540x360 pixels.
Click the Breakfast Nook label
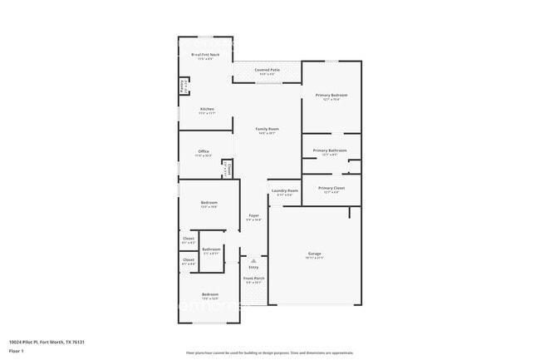point(204,55)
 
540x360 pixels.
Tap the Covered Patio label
point(266,71)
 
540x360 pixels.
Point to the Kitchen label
point(207,110)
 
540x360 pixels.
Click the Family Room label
point(267,130)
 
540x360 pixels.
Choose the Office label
point(204,152)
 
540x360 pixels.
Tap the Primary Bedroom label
point(331,96)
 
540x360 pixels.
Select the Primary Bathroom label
point(330,150)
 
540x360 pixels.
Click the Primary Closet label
point(331,189)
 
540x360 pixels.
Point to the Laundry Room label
point(284,191)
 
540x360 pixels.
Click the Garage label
point(315,254)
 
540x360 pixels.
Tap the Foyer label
point(254,216)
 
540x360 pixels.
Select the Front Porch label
point(254,279)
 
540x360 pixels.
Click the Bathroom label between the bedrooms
point(211,249)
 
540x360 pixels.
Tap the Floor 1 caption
point(16,352)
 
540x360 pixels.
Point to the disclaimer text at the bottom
point(270,353)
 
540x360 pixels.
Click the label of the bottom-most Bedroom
point(209,295)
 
